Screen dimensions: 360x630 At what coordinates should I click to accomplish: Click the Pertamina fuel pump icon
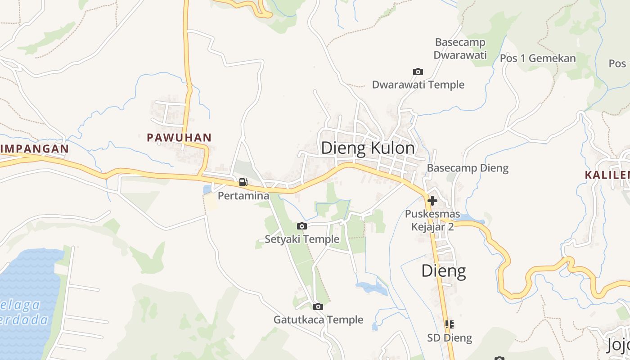click(243, 182)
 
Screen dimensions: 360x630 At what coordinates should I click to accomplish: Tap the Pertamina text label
click(243, 196)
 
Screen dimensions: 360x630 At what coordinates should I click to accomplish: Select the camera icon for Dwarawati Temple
click(418, 72)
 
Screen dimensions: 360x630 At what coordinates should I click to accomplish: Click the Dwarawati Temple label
click(418, 85)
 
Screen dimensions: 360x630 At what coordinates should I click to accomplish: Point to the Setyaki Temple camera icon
click(302, 226)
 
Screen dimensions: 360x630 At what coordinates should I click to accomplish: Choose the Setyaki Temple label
click(302, 239)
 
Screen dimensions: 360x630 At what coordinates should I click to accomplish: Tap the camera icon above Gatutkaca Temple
click(318, 307)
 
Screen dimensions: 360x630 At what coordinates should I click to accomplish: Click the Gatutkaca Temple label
click(319, 320)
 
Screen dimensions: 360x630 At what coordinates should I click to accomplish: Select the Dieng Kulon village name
click(368, 148)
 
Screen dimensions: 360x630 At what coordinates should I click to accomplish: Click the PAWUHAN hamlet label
click(179, 138)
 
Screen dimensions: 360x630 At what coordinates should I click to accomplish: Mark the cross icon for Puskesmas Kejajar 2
click(432, 201)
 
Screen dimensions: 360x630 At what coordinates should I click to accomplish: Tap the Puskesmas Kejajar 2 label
click(432, 220)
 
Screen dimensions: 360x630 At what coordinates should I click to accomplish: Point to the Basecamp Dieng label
click(468, 168)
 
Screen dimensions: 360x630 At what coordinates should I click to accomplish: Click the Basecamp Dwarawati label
click(460, 49)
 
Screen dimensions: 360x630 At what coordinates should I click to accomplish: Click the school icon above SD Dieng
click(449, 324)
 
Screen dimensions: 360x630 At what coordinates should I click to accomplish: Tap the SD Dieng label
click(450, 338)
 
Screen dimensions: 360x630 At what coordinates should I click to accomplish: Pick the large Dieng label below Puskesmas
click(443, 270)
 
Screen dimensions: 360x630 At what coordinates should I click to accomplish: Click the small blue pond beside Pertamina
click(207, 189)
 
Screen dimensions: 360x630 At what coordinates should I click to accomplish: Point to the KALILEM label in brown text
click(607, 175)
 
